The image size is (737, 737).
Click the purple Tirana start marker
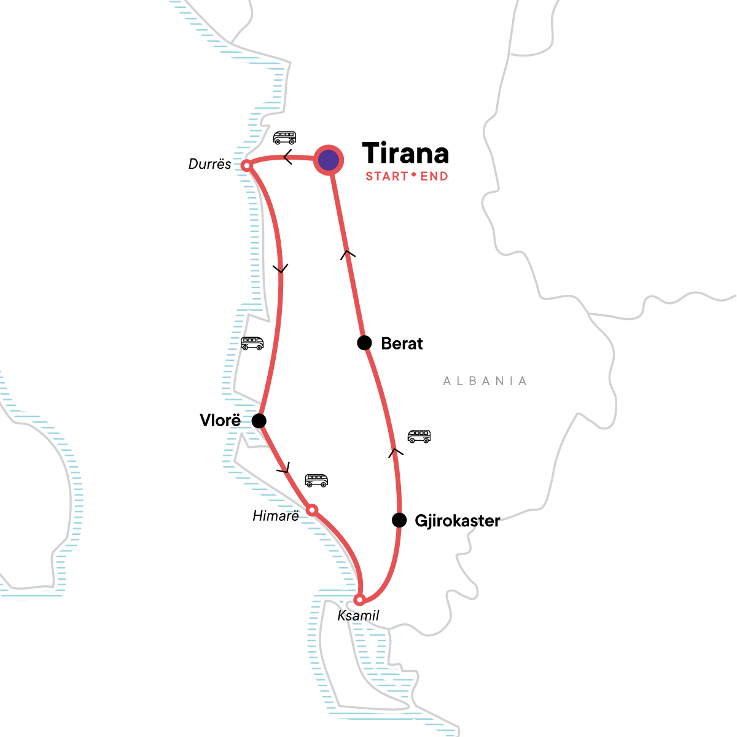(329, 160)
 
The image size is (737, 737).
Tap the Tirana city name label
(405, 154)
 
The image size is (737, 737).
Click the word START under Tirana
(387, 176)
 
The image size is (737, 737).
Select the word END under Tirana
(434, 176)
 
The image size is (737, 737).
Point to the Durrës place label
(210, 164)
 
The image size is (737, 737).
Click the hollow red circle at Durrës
(246, 165)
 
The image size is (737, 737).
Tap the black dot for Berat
(364, 343)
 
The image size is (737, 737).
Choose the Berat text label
(402, 343)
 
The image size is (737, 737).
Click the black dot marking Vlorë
(259, 421)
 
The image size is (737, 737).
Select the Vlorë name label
(220, 421)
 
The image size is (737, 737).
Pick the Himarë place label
(276, 516)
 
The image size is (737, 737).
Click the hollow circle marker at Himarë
(312, 510)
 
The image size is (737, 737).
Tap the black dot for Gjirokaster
(399, 520)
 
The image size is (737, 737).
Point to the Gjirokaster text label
(458, 521)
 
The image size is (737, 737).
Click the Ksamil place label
(358, 615)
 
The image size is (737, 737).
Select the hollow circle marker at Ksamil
(361, 599)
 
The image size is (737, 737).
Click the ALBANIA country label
(485, 381)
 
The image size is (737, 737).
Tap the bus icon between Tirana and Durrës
(284, 138)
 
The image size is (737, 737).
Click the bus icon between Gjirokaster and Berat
(419, 437)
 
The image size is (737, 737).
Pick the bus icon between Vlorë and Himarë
(316, 480)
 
